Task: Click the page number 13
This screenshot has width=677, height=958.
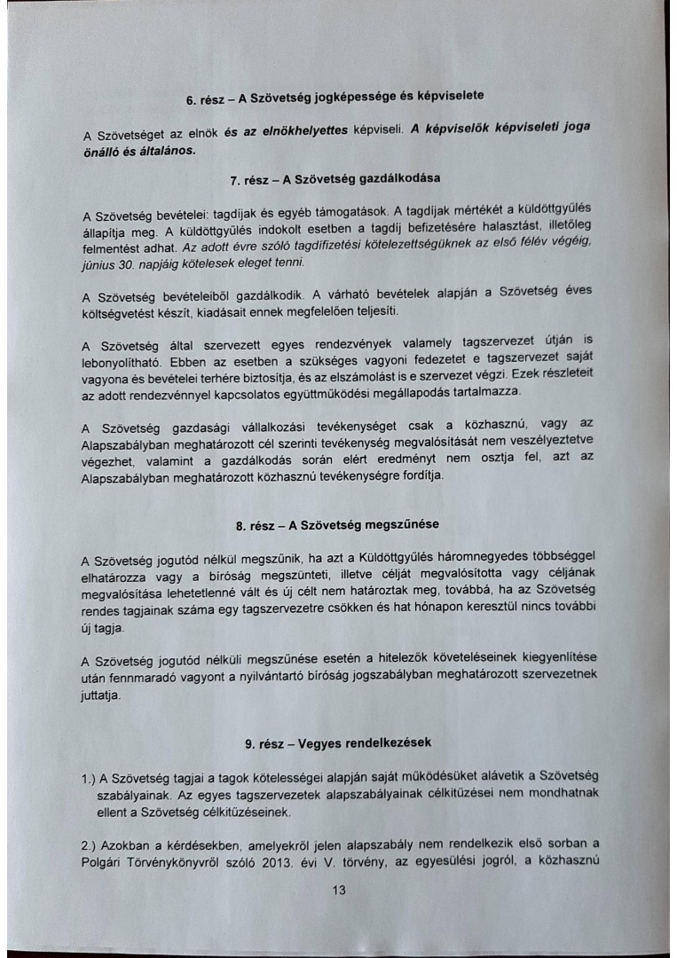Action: coord(338,892)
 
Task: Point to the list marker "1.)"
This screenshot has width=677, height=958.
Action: coord(88,779)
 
